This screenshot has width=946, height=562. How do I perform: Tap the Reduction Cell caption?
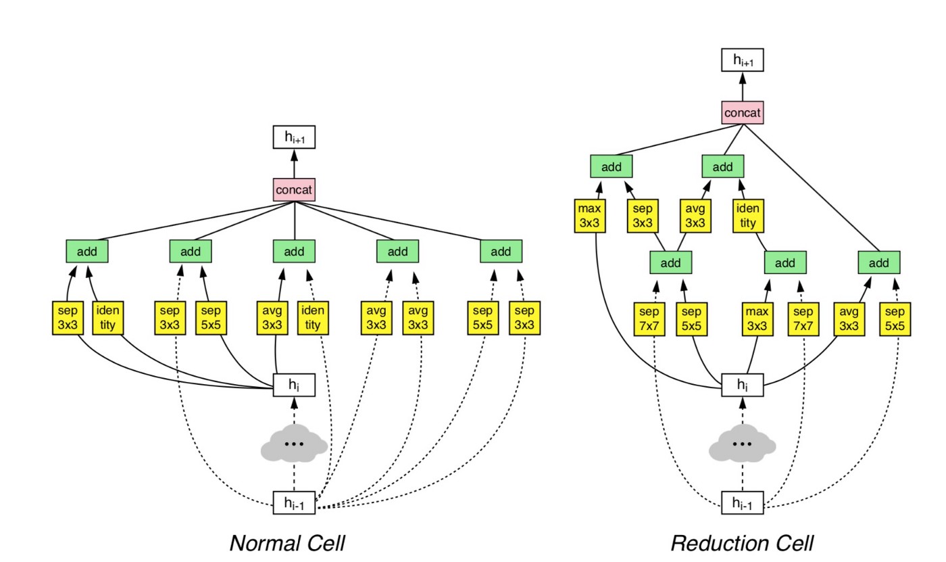click(742, 542)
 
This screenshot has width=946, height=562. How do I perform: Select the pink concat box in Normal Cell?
click(294, 190)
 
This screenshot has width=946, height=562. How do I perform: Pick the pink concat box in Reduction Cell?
click(743, 113)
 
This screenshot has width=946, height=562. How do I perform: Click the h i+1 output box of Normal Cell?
click(294, 138)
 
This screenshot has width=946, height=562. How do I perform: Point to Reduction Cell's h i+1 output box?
click(743, 60)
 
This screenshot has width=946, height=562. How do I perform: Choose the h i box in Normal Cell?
click(294, 385)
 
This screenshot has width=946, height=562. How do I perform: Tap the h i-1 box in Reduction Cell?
click(743, 503)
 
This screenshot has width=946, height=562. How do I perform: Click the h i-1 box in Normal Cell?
click(294, 503)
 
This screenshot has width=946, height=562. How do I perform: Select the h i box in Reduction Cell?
click(743, 385)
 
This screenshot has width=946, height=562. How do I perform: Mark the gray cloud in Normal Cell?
click(294, 444)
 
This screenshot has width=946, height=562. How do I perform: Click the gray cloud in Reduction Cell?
click(743, 444)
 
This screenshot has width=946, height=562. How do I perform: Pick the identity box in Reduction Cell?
click(747, 215)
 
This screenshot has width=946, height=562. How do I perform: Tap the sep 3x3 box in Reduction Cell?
click(644, 215)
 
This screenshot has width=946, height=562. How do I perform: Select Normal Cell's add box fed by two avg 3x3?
click(397, 252)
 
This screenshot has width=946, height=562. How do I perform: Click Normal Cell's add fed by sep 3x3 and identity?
click(87, 252)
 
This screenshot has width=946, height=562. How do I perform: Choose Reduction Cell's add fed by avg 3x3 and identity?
click(722, 166)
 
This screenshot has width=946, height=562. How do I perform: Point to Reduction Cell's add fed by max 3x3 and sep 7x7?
click(785, 262)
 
